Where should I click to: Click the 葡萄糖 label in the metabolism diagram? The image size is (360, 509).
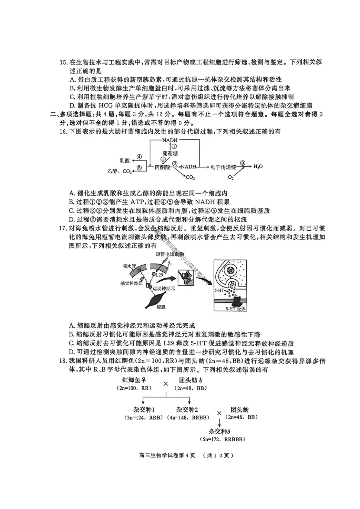click(170, 154)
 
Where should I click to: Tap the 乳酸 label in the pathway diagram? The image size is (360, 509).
click(125, 161)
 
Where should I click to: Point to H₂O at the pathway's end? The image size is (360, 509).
click(258, 166)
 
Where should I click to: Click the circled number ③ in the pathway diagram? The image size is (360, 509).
click(243, 163)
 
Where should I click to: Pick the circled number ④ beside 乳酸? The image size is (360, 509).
click(139, 157)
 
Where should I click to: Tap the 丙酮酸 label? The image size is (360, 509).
click(162, 167)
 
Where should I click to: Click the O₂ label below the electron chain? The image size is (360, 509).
click(231, 178)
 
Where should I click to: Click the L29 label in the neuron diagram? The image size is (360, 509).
click(159, 275)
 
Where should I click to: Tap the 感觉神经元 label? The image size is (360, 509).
click(131, 283)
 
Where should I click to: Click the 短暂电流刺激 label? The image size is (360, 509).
click(170, 254)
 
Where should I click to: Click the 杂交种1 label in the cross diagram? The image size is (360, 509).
click(144, 410)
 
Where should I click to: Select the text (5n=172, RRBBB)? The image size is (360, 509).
click(223, 439)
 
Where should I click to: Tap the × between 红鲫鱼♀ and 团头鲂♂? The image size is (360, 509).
click(166, 384)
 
